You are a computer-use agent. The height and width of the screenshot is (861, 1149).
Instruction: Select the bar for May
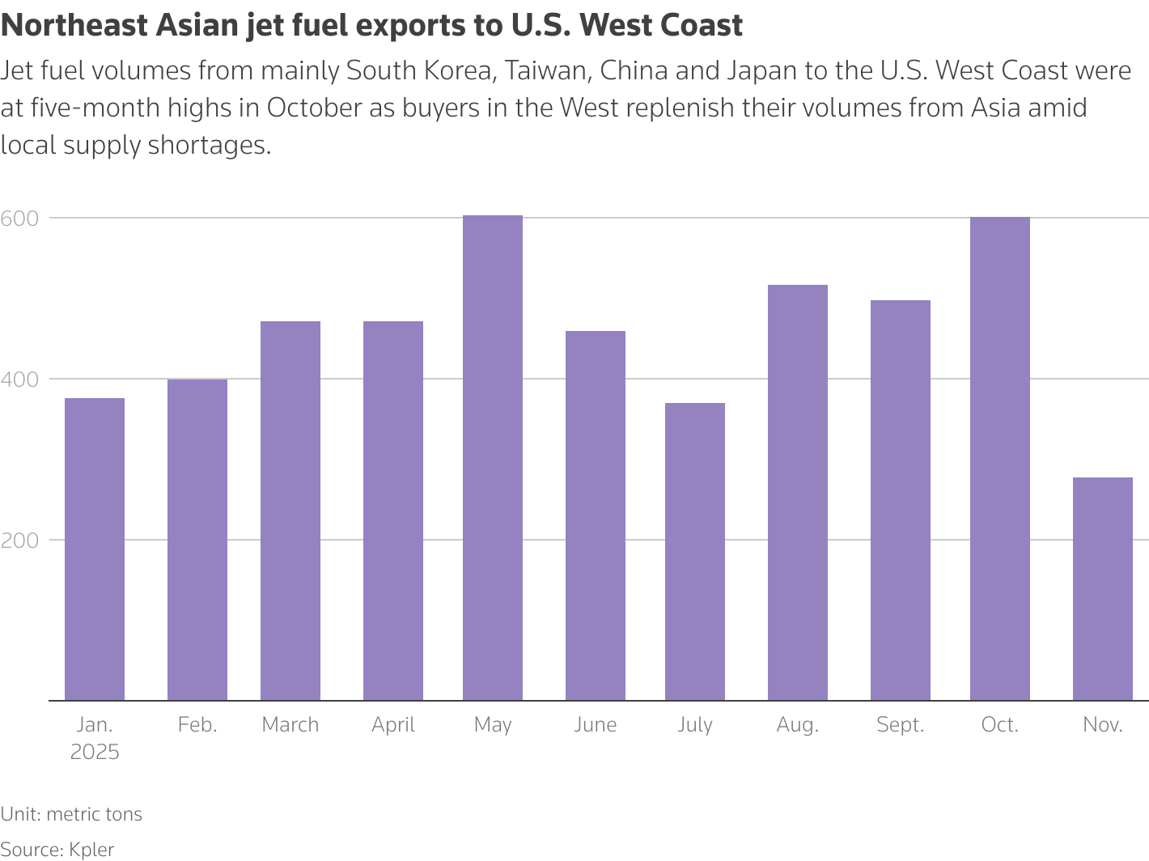coord(493,458)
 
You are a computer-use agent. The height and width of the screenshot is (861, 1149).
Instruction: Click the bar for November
coord(1102,589)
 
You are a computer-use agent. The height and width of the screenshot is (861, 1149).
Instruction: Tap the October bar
coord(999,459)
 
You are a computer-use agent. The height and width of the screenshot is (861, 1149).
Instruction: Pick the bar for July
coord(695,552)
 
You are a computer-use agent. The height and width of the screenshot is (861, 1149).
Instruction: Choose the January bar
coord(95,549)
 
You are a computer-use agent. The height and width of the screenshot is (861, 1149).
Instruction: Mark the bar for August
coord(798,493)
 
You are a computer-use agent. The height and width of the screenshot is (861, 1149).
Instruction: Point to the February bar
coord(197,540)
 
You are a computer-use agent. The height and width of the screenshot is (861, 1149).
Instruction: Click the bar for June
coord(596,515)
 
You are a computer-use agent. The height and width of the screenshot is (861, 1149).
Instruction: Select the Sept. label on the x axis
coord(900,724)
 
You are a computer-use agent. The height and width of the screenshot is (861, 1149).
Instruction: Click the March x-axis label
coord(290,724)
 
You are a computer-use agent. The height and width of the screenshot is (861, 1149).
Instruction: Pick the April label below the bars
coord(393,724)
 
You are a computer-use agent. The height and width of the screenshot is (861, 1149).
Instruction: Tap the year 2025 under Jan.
coord(95,753)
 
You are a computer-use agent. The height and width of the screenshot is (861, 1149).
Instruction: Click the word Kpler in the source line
coord(91,850)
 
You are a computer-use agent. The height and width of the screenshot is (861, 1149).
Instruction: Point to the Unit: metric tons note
coord(71,814)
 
